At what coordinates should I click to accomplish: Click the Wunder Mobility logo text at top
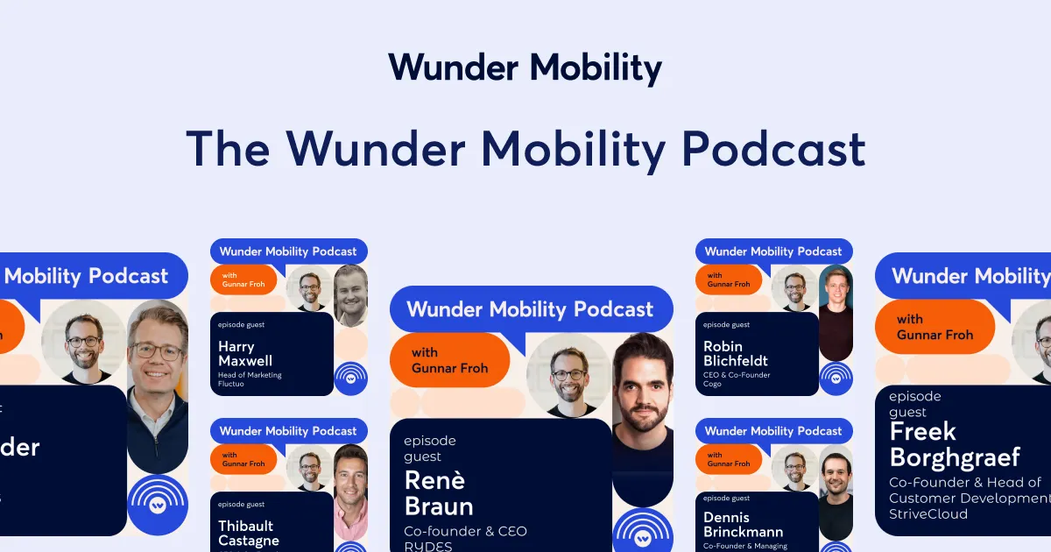pos(525,68)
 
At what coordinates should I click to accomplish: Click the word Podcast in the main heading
pos(773,149)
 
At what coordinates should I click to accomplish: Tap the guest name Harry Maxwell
pos(245,353)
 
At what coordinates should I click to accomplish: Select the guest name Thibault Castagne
pos(249,533)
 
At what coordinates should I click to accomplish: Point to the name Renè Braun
pos(439,492)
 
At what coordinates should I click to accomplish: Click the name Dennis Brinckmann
pos(743,524)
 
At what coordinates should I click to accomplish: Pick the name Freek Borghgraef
pos(955,444)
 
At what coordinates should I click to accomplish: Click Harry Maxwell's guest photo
pos(350,295)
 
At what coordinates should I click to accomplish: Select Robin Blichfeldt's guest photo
pos(836,311)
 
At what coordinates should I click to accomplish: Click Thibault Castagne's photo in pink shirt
pos(350,491)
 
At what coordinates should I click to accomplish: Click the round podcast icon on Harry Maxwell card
pos(351,379)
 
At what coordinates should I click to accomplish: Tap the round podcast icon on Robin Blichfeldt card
pos(836,379)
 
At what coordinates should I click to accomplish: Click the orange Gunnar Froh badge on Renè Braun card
pos(449,360)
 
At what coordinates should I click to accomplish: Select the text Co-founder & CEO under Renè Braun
pos(465,531)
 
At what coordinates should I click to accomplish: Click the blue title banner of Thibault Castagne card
pos(288,431)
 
